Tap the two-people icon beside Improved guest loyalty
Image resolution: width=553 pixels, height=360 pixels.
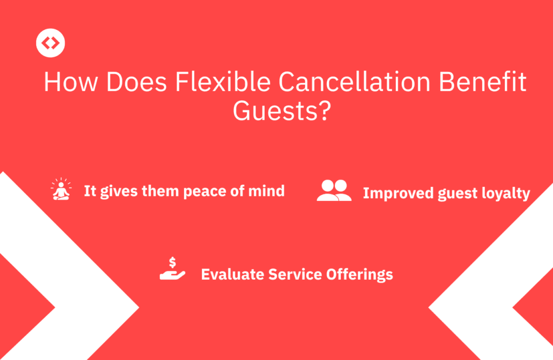coord(334,191)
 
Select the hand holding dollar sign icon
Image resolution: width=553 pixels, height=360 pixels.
coord(172,269)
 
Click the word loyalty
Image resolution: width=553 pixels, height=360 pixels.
coord(507,194)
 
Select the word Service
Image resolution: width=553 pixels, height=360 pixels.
coord(294,274)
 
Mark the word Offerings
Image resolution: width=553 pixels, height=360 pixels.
coord(359,275)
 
